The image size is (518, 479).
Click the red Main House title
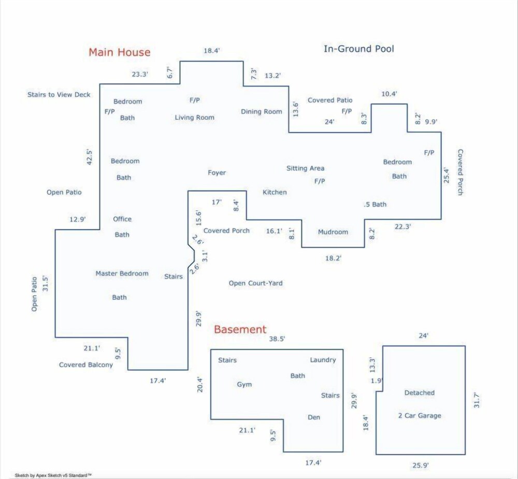point(120,52)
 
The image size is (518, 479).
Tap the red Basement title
point(240,329)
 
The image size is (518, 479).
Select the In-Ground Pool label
point(359,49)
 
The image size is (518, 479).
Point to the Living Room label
point(195,118)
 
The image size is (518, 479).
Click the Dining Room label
point(261,112)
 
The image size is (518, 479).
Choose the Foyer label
point(217,173)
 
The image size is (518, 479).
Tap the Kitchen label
point(275,192)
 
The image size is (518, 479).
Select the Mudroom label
point(333,232)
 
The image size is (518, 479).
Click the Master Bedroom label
point(122,273)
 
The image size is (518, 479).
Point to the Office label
point(122,219)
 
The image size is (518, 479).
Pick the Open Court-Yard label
point(256,283)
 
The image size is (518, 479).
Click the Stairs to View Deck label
point(59,95)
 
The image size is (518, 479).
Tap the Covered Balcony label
point(86,365)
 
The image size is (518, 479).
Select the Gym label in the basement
point(244,385)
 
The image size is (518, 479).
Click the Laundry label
point(323,360)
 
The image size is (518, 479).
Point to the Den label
point(314,417)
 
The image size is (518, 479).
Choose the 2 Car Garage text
point(420,416)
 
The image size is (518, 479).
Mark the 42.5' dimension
point(89,157)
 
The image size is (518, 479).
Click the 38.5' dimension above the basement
point(277,339)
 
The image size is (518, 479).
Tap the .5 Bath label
point(375,205)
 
